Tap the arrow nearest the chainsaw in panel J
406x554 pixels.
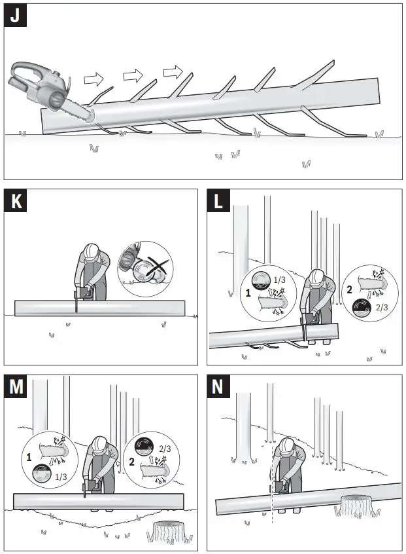(x=94, y=80)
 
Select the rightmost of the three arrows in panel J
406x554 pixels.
(x=173, y=70)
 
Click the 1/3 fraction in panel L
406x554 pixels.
(x=279, y=280)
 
